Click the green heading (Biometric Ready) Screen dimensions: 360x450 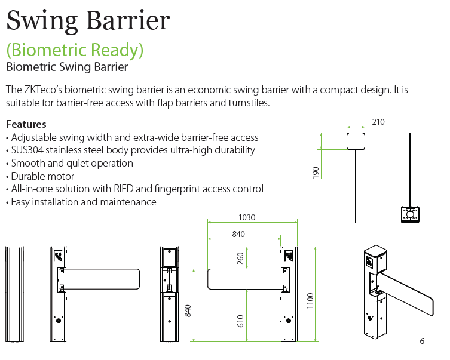point(75,50)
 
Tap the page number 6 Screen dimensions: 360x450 point(422,341)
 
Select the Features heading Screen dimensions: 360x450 point(26,124)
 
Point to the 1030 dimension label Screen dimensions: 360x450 point(246,218)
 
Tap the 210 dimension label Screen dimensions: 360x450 point(378,122)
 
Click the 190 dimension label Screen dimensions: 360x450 point(316,172)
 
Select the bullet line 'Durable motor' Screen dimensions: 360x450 point(42,176)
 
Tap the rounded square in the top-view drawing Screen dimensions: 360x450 point(356,141)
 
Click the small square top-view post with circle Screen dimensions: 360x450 point(410,214)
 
